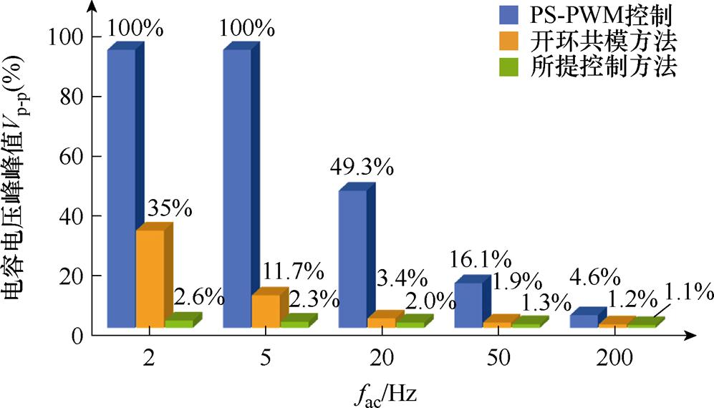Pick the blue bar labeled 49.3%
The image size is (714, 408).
tap(352, 258)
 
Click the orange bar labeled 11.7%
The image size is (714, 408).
tap(265, 311)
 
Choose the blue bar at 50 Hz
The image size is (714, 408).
tap(468, 305)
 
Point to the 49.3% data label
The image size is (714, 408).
tap(362, 167)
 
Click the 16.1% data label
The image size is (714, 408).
tap(481, 258)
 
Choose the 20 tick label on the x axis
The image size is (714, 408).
tap(380, 360)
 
